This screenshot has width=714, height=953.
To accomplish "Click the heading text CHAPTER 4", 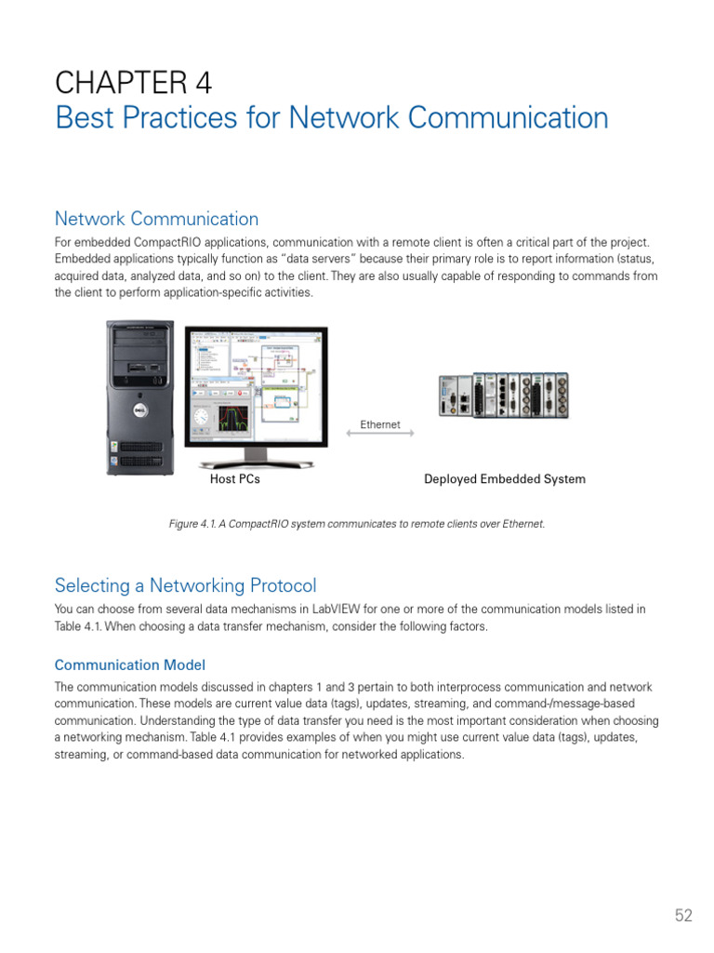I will pyautogui.click(x=133, y=84).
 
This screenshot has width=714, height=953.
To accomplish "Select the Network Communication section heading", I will pyautogui.click(x=156, y=219).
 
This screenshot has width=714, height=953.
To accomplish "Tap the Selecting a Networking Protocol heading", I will pyautogui.click(x=185, y=585).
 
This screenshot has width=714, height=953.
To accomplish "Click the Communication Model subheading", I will pyautogui.click(x=129, y=664).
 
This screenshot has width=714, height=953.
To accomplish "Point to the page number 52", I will pyautogui.click(x=683, y=916).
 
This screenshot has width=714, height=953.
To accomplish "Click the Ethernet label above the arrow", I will pyautogui.click(x=380, y=424).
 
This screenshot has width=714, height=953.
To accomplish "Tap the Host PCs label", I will pyautogui.click(x=235, y=479).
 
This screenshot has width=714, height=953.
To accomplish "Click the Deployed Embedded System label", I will pyautogui.click(x=505, y=479).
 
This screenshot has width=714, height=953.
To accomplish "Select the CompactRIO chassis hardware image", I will pyautogui.click(x=503, y=395).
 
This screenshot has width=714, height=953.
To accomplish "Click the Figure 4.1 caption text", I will pyautogui.click(x=356, y=524).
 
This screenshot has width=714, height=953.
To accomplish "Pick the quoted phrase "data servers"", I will pyautogui.click(x=316, y=259).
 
